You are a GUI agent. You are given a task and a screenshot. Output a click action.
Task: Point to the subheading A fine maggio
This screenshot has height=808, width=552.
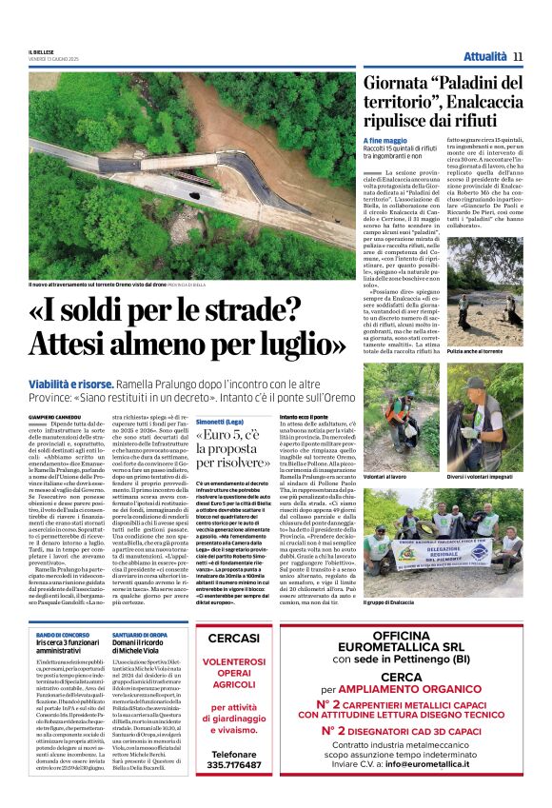384,141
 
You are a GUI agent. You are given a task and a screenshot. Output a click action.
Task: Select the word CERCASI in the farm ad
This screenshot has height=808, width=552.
234,638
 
